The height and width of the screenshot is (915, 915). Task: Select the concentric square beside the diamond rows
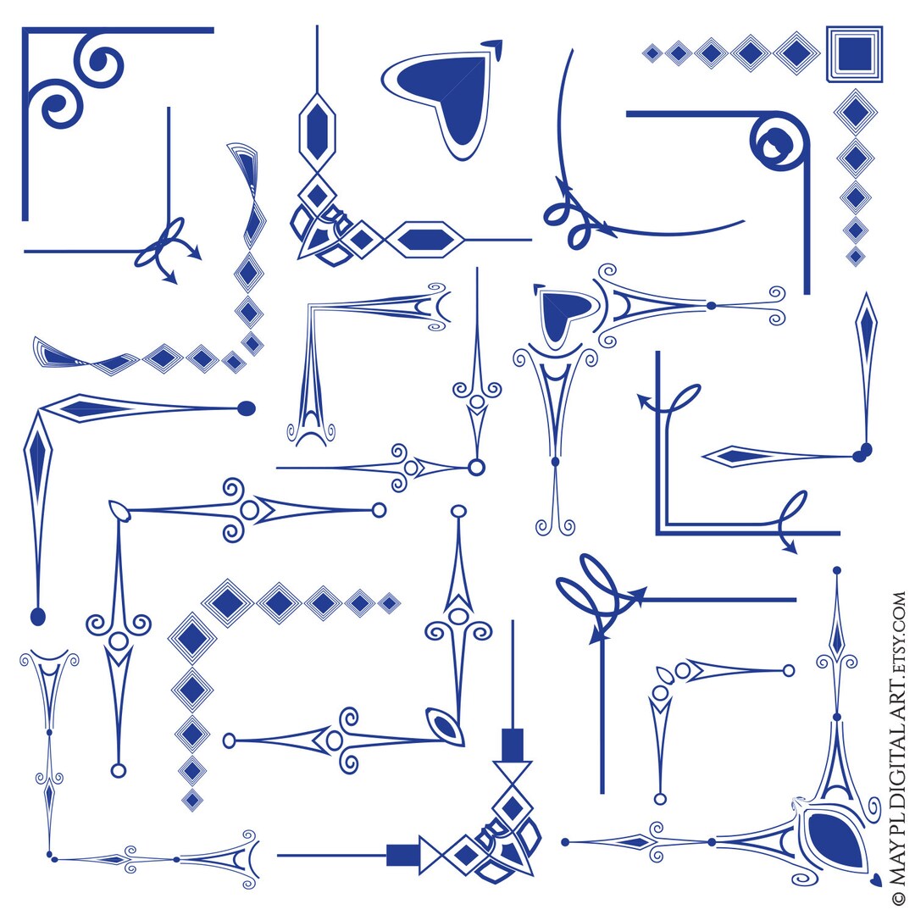[x=854, y=53]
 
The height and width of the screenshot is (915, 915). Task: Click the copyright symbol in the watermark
[x=899, y=897]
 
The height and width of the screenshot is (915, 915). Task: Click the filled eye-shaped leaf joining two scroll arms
[x=446, y=728]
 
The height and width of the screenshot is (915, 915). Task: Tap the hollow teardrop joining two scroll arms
[x=119, y=510]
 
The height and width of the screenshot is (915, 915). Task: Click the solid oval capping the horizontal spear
[x=247, y=408]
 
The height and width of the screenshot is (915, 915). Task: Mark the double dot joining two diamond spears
[x=862, y=452]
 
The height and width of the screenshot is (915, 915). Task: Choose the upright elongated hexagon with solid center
[x=318, y=127]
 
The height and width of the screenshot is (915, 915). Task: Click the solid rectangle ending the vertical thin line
[x=513, y=744]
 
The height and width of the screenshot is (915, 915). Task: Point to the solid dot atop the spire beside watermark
[x=837, y=570]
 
